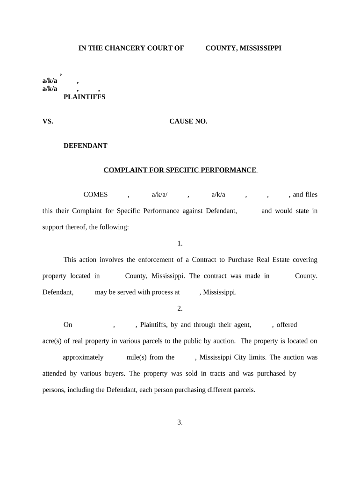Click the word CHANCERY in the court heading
(120, 48)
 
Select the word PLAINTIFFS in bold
(84, 97)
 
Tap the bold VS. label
(48, 121)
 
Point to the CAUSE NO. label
(188, 121)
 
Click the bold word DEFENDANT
(85, 145)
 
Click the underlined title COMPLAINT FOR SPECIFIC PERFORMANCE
(180, 170)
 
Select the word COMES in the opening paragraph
(95, 195)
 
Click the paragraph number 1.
(180, 243)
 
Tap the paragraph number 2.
(180, 308)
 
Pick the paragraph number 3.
(180, 422)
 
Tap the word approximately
(83, 357)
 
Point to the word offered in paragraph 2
(287, 325)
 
